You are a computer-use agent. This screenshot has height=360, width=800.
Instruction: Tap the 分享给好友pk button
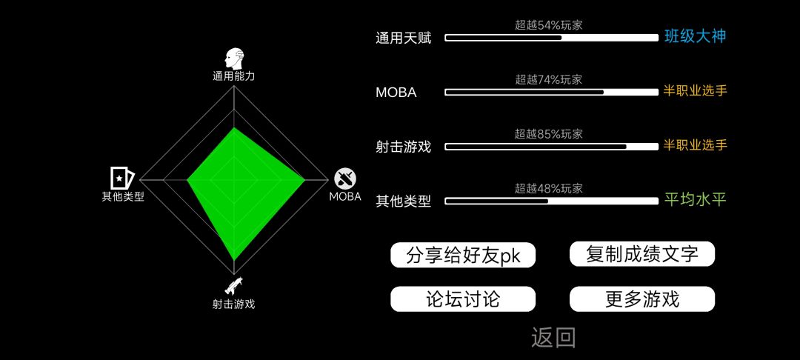click(x=463, y=255)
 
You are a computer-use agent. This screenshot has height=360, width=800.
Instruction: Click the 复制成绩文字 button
click(x=641, y=254)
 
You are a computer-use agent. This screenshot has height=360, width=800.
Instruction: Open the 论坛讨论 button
click(x=463, y=299)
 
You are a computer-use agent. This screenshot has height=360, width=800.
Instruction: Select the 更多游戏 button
click(x=641, y=299)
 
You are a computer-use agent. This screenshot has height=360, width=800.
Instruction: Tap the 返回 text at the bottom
click(x=553, y=337)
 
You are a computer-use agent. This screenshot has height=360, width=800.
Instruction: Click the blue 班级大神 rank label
click(x=695, y=36)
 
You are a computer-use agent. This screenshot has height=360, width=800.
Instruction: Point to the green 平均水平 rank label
click(x=695, y=199)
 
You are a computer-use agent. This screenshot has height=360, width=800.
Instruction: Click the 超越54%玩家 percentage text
click(x=548, y=25)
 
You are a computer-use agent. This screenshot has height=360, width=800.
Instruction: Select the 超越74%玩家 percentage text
click(x=548, y=79)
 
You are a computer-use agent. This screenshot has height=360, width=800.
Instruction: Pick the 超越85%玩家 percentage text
click(x=548, y=134)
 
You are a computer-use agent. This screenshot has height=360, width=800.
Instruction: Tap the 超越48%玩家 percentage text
click(x=548, y=189)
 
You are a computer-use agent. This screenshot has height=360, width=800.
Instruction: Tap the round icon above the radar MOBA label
click(x=345, y=179)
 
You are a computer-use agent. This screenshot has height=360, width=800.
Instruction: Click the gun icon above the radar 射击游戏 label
click(x=233, y=286)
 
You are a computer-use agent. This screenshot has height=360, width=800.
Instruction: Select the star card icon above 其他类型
click(x=122, y=178)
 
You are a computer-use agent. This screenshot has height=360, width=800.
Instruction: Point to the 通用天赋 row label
click(x=404, y=39)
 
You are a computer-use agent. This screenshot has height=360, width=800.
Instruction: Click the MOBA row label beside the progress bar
click(x=396, y=93)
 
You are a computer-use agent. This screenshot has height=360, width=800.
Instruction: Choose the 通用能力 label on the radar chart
click(x=233, y=76)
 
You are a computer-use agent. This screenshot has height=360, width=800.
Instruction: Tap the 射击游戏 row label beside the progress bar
click(x=404, y=147)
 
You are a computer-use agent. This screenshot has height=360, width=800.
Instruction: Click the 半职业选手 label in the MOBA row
click(x=695, y=91)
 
